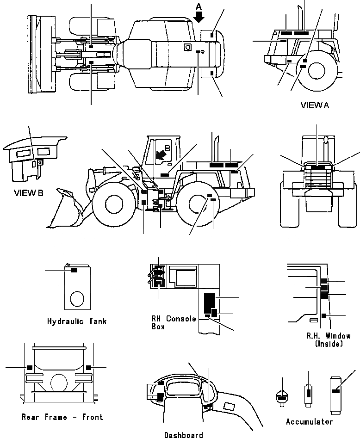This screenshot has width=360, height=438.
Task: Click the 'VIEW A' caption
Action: pyautogui.click(x=315, y=105)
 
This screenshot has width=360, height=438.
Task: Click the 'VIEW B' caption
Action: pyautogui.click(x=29, y=193)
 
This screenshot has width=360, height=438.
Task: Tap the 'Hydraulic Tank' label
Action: pyautogui.click(x=77, y=321)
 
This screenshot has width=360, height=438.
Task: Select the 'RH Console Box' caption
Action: pyautogui.click(x=174, y=322)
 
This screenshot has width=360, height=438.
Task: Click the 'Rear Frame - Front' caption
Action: pyautogui.click(x=62, y=417)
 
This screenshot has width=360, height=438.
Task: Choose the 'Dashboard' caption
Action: pyautogui.click(x=184, y=435)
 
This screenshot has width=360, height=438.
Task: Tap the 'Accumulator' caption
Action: pyautogui.click(x=309, y=422)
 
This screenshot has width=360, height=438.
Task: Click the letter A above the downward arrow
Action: pyautogui.click(x=199, y=6)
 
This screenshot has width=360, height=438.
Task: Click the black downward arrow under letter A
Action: pyautogui.click(x=199, y=17)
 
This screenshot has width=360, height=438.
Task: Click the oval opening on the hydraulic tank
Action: pyautogui.click(x=77, y=298)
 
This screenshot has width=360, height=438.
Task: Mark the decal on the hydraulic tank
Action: pyautogui.click(x=74, y=270)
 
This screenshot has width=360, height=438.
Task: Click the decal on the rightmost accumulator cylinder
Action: pyautogui.click(x=335, y=391)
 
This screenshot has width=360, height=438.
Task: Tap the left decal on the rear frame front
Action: pyautogui.click(x=29, y=367)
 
